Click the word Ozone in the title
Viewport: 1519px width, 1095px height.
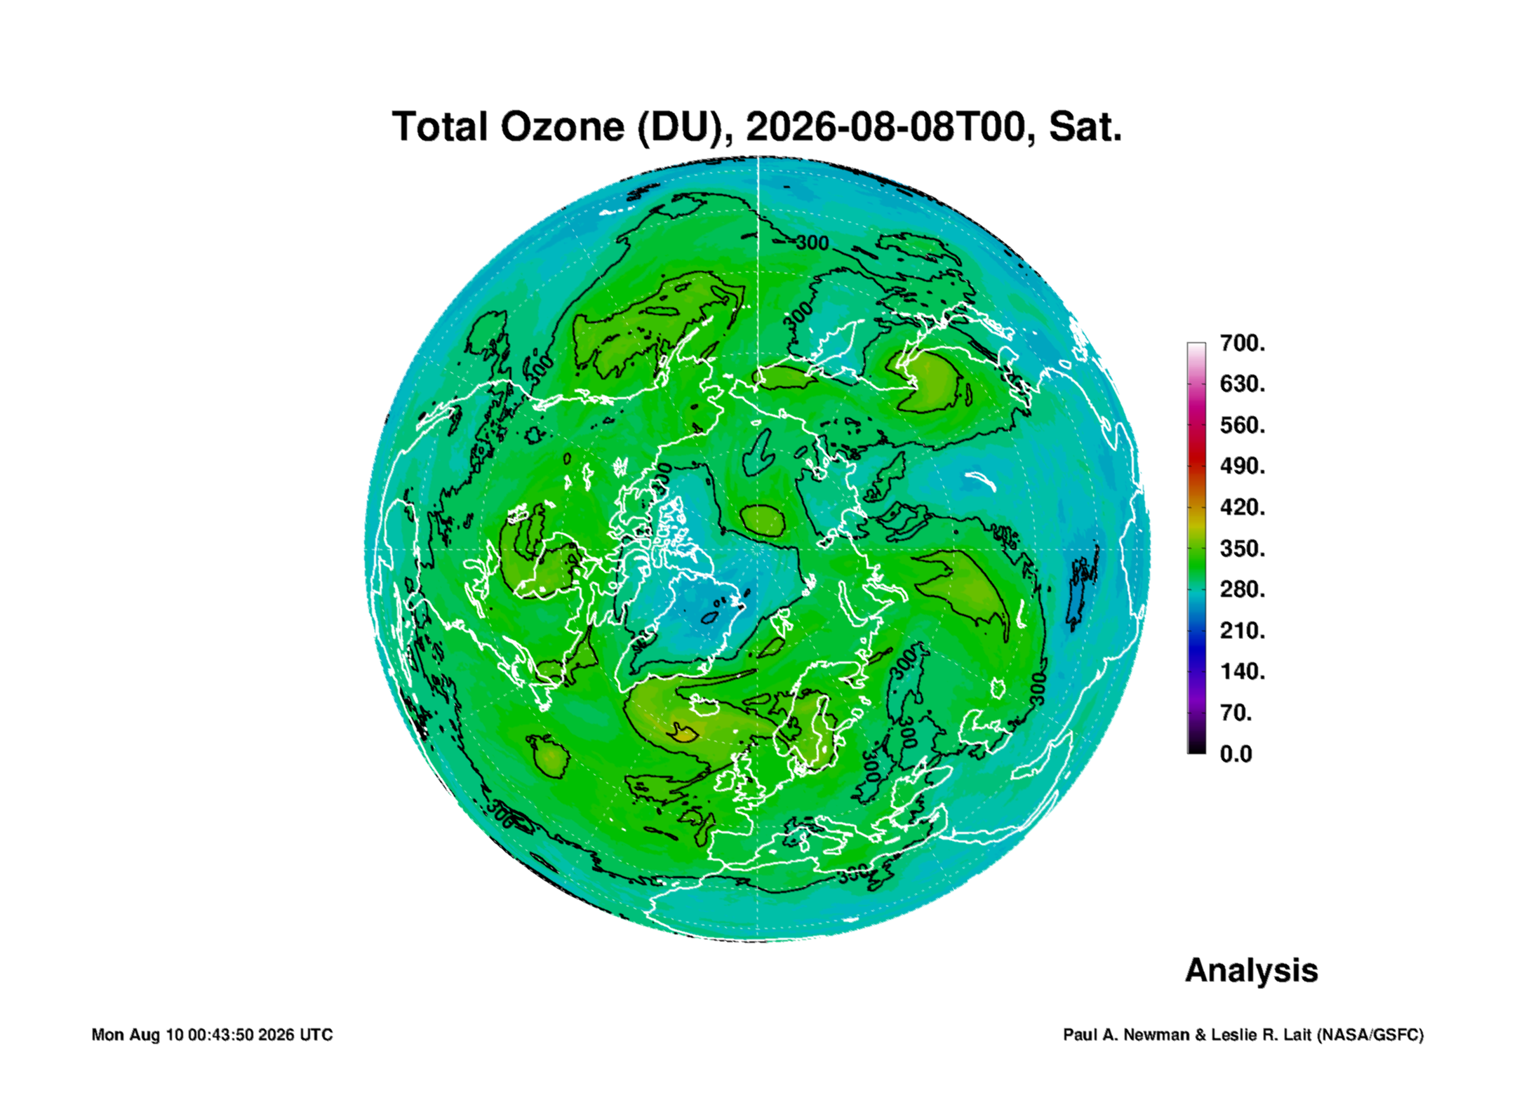click(x=562, y=127)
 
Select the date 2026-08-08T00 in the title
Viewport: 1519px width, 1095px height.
click(x=885, y=127)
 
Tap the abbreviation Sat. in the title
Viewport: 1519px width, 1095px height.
click(x=1085, y=127)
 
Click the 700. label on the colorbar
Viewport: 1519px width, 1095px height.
click(x=1243, y=343)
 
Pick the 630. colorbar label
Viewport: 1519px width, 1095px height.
click(x=1243, y=384)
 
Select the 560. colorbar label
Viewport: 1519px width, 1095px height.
click(x=1243, y=425)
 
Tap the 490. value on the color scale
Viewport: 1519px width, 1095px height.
click(x=1243, y=466)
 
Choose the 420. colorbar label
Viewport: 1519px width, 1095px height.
click(x=1243, y=507)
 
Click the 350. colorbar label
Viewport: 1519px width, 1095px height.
click(x=1243, y=549)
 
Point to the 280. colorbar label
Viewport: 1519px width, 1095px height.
click(x=1243, y=589)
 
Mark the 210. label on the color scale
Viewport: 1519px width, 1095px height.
click(x=1243, y=631)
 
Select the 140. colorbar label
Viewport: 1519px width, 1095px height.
click(x=1243, y=671)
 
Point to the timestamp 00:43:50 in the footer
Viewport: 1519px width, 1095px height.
click(x=220, y=1035)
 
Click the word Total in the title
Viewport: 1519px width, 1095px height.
click(x=440, y=127)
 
